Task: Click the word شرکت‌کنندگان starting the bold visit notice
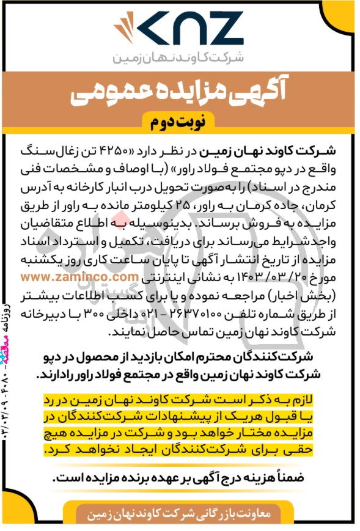pos(301,356)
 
